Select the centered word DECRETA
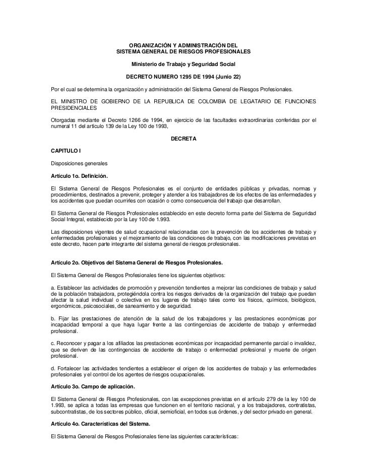[x=183, y=138]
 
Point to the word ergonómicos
[x=62, y=307]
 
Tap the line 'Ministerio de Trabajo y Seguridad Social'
[x=183, y=65]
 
